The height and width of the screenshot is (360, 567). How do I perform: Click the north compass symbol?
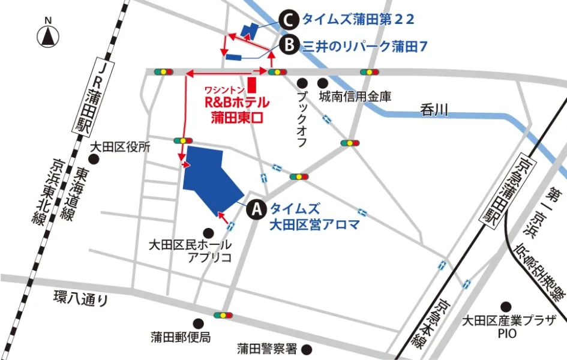click(48, 35)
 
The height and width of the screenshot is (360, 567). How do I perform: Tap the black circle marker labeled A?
click(256, 209)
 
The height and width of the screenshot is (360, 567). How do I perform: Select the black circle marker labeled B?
click(289, 45)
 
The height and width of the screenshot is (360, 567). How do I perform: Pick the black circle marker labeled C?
click(289, 20)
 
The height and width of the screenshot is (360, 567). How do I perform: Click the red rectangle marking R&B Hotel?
click(252, 85)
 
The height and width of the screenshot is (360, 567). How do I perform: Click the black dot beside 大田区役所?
click(94, 159)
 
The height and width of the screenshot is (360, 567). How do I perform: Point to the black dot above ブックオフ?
click(304, 83)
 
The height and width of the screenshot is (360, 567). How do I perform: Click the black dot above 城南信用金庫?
click(324, 83)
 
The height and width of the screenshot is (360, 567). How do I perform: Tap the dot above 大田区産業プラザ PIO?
click(506, 306)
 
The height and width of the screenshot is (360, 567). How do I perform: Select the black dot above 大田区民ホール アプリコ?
click(208, 232)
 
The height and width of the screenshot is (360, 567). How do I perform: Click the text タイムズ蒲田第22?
click(358, 20)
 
